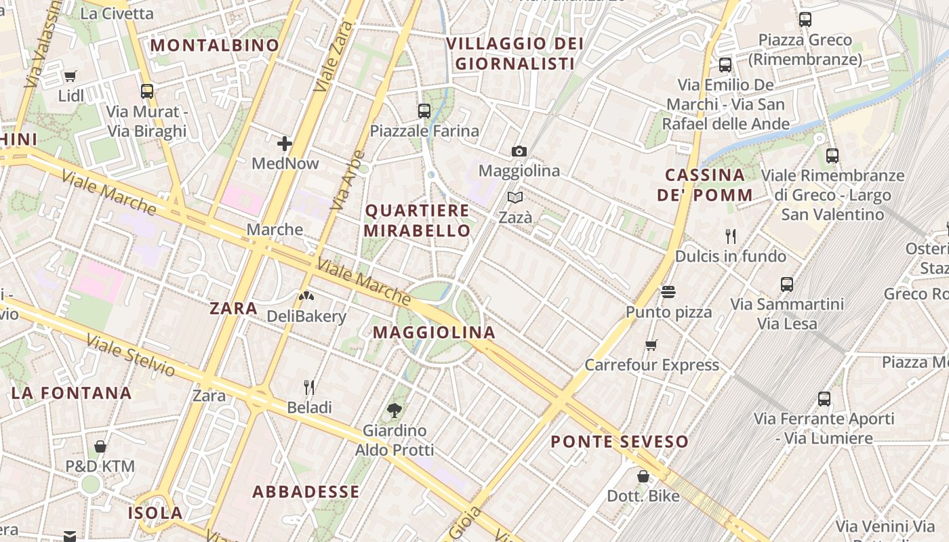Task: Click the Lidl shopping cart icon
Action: pyautogui.click(x=70, y=76)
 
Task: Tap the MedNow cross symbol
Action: pyautogui.click(x=285, y=144)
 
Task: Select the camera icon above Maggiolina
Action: pyautogui.click(x=519, y=151)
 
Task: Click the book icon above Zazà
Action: pyautogui.click(x=515, y=198)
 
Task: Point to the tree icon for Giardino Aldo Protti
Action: pyautogui.click(x=394, y=410)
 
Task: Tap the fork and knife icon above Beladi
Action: pyautogui.click(x=309, y=388)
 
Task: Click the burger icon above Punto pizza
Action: pyautogui.click(x=668, y=292)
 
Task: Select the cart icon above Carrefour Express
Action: pyautogui.click(x=651, y=346)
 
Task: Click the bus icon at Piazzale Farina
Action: pyautogui.click(x=424, y=111)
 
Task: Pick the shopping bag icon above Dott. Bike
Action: pyautogui.click(x=643, y=476)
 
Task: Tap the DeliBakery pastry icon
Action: pyautogui.click(x=306, y=296)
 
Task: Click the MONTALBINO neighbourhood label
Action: pyautogui.click(x=215, y=45)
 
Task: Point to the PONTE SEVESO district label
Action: pyautogui.click(x=620, y=442)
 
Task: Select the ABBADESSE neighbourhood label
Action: pyautogui.click(x=306, y=492)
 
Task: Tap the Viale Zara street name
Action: pyautogui.click(x=335, y=56)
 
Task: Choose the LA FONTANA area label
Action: pyautogui.click(x=71, y=393)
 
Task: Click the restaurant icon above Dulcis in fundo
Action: pyautogui.click(x=730, y=236)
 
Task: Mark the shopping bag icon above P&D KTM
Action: pyautogui.click(x=100, y=446)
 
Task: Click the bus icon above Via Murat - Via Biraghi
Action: pyautogui.click(x=146, y=91)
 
